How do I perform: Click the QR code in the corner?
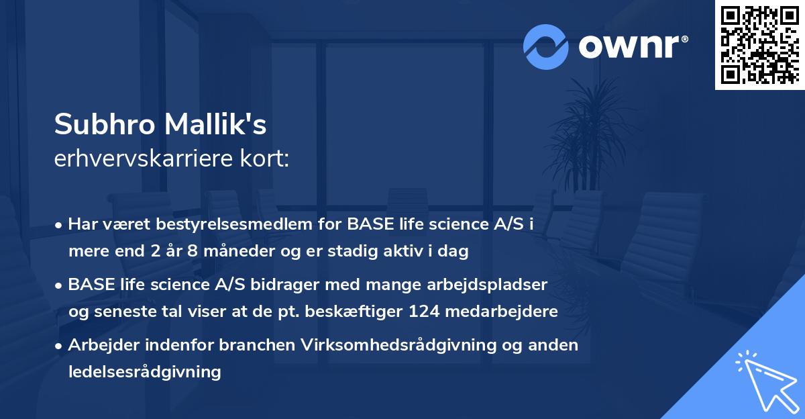pos(759,45)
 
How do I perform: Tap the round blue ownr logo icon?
pos(546,46)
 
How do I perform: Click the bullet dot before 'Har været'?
pos(60,225)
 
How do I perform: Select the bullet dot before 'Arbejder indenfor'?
pos(60,346)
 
